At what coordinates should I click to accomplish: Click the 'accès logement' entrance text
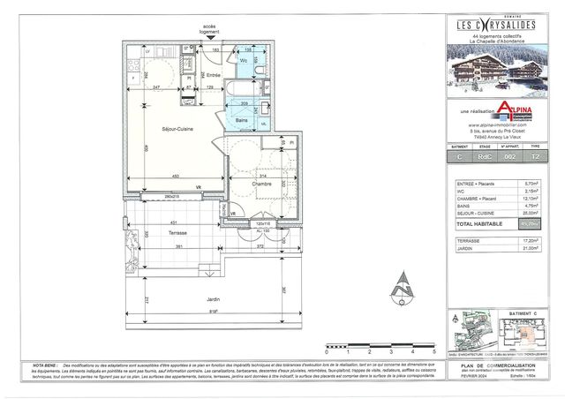coord(210,29)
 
